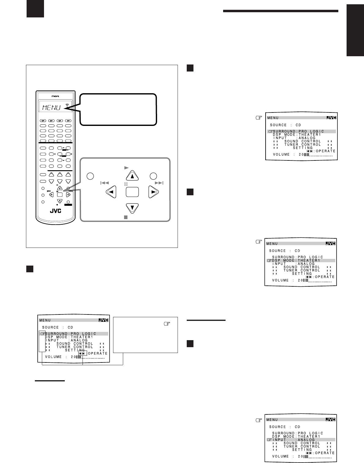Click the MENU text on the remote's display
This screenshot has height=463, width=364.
point(51,108)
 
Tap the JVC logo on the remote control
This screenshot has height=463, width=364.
point(56,211)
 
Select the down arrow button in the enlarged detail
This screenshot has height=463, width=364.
point(132,208)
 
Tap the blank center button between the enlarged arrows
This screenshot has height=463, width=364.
point(132,192)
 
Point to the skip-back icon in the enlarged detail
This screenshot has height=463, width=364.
point(105,183)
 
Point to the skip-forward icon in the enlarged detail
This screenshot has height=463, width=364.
point(159,183)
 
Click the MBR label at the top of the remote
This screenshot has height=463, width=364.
point(56,96)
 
